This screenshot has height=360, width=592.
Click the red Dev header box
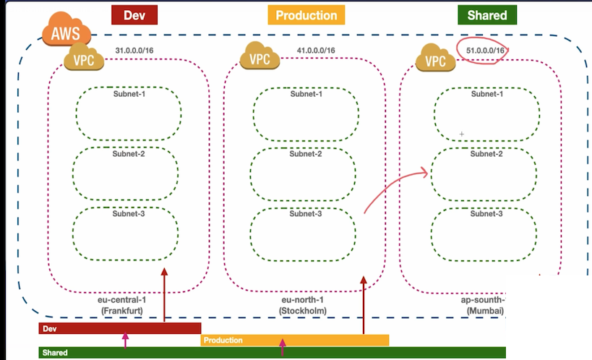coord(135,14)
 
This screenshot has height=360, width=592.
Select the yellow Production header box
coord(306,15)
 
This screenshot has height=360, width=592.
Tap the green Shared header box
coord(486,14)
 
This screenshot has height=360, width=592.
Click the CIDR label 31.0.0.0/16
coord(135,50)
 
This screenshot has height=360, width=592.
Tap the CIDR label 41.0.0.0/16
coord(315,50)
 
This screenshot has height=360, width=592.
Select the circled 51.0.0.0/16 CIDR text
coord(484,51)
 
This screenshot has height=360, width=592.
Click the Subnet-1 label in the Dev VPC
coord(129,94)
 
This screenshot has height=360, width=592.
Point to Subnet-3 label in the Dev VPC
coord(129,213)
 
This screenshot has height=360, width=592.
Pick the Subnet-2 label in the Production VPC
coord(306,153)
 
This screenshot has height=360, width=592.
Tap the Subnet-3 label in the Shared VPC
coord(487,214)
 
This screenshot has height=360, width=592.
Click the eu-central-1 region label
coord(122,299)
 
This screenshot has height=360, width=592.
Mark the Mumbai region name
coord(485,311)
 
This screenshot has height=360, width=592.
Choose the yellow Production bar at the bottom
coord(295,340)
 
